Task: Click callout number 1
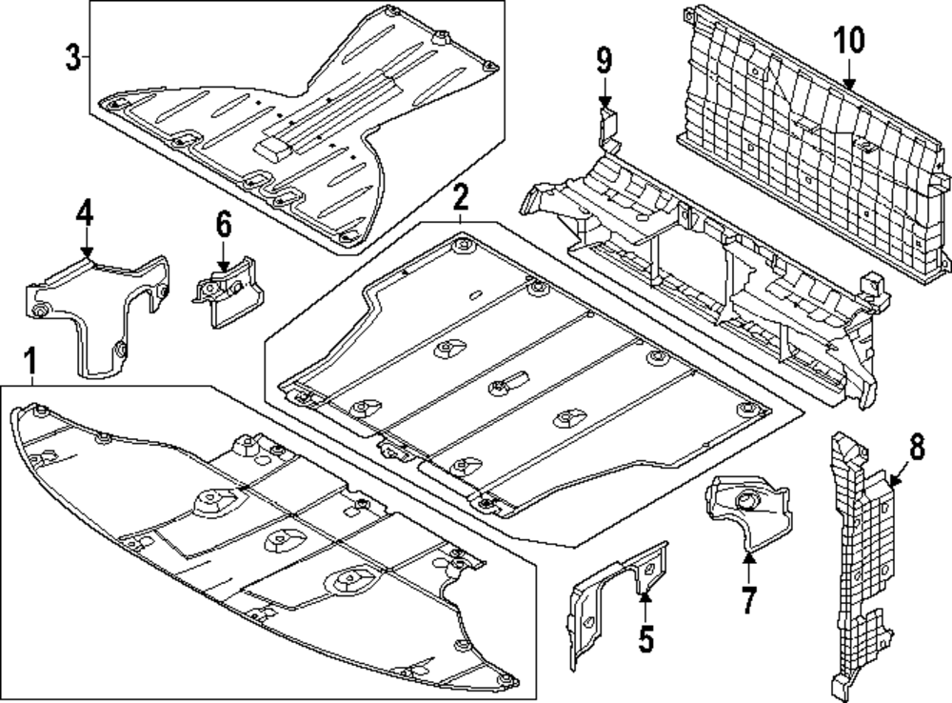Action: [x=30, y=362]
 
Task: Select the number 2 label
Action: [x=461, y=198]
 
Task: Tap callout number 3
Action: [x=73, y=57]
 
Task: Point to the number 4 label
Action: [x=86, y=212]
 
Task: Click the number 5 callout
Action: [x=646, y=638]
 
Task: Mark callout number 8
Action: [x=916, y=446]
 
